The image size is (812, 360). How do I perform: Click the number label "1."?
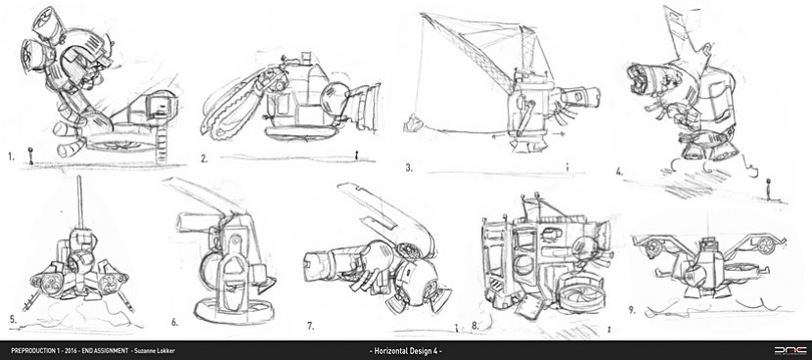[x=11, y=156]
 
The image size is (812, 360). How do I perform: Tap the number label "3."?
[x=409, y=167]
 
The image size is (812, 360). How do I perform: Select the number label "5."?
[x=13, y=319]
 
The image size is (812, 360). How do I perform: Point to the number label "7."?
[x=310, y=327]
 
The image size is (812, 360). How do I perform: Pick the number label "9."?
[x=632, y=311]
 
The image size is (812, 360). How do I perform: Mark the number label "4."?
[x=619, y=172]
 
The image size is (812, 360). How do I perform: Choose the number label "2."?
[x=204, y=159]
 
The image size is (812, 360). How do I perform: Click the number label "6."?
[x=175, y=322]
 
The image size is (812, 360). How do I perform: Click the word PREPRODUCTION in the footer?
[x=30, y=350]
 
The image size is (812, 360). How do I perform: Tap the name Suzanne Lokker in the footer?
[x=154, y=350]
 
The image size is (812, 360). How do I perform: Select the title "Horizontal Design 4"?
[x=405, y=350]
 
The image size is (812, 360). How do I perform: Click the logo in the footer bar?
[x=789, y=350]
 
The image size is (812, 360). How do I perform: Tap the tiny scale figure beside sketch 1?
[x=30, y=157]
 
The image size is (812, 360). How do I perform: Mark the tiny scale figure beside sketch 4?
[x=769, y=189]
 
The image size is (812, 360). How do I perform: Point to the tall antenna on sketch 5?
[x=80, y=203]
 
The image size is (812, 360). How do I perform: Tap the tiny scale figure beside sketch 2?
[x=356, y=155]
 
